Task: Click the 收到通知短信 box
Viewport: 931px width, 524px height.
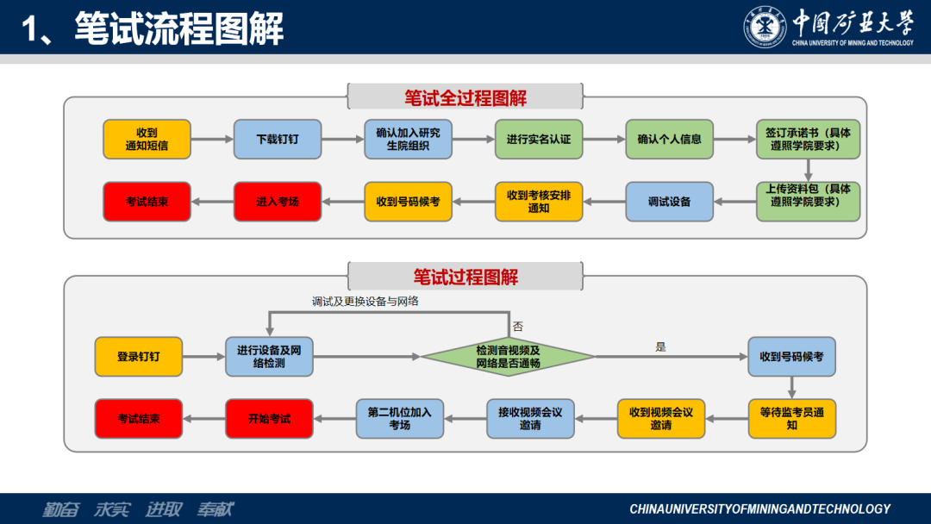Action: coord(147,139)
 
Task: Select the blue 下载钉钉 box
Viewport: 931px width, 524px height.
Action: coord(278,139)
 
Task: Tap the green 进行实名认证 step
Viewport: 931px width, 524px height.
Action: coord(538,139)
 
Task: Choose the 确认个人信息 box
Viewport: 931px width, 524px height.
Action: coord(669,139)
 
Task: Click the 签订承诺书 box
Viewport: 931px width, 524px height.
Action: coord(808,139)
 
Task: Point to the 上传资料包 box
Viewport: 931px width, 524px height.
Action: coord(808,201)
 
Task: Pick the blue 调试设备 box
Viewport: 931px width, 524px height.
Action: coord(669,201)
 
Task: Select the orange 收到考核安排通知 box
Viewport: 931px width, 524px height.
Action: coord(538,201)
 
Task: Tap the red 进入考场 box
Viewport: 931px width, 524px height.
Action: coord(278,201)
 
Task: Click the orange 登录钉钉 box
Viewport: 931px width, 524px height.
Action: coord(138,356)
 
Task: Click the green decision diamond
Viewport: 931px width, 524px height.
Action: coord(508,356)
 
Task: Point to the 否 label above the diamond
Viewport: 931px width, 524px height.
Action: coord(518,327)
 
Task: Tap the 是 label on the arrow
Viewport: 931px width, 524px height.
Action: coord(661,346)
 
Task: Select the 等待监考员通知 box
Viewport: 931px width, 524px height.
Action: coord(791,418)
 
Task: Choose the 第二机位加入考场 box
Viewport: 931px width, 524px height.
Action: coord(399,418)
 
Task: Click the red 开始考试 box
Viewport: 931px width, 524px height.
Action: coord(269,418)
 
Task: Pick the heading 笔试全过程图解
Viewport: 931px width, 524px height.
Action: coord(465,97)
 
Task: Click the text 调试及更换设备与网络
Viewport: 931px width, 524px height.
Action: coord(366,302)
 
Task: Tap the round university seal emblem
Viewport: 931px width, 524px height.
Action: coord(765,27)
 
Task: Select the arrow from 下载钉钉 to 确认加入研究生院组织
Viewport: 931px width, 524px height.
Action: coord(342,139)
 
